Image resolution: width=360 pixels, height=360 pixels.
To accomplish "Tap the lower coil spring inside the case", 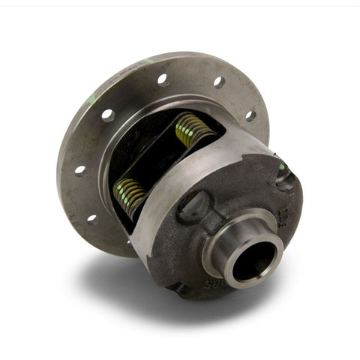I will click(x=130, y=196).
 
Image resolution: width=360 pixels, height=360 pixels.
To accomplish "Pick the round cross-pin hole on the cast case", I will click(x=193, y=203).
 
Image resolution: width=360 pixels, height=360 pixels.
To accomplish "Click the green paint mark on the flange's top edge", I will click(x=150, y=60).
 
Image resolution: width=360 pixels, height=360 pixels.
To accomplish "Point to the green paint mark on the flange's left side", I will click(x=91, y=100).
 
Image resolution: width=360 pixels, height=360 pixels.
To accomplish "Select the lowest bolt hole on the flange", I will click(x=92, y=219).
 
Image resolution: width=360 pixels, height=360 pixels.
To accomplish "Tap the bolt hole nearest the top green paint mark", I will click(x=162, y=77).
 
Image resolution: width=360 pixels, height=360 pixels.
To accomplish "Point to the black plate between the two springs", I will click(x=161, y=161).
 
